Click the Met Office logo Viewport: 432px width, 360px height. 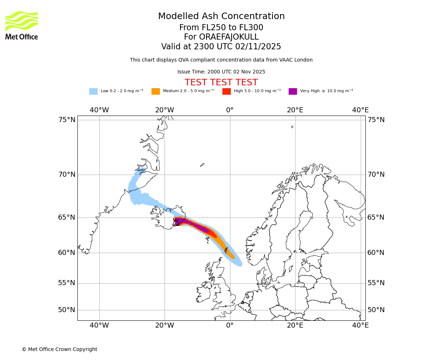(22, 25)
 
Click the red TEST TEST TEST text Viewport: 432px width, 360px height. (221, 82)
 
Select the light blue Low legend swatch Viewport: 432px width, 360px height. (93, 91)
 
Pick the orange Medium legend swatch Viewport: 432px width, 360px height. (156, 91)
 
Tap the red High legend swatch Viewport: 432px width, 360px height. (226, 91)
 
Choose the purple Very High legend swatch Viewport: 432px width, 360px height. (293, 91)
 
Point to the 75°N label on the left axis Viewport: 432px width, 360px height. (67, 120)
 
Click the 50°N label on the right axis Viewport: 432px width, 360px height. (376, 310)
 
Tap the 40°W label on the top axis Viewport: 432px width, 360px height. (99, 110)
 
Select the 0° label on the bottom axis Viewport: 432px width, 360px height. (230, 325)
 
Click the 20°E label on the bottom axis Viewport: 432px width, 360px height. (295, 325)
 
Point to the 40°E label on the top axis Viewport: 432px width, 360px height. (360, 110)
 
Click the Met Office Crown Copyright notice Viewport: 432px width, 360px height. (59, 349)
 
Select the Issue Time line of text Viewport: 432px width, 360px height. (221, 72)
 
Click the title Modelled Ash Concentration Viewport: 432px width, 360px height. (221, 16)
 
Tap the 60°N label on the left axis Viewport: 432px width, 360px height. (67, 253)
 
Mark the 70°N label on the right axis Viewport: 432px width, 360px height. (376, 175)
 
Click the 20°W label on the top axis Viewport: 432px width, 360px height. (165, 110)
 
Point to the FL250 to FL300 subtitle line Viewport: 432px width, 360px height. (221, 28)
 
